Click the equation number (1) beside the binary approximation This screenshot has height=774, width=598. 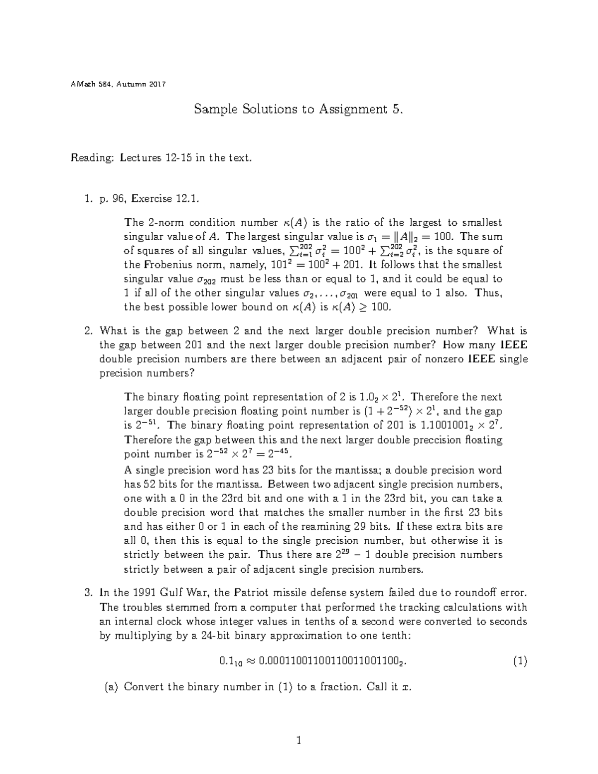click(520, 662)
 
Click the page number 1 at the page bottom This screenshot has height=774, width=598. click(299, 741)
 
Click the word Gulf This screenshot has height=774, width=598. click(172, 593)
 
